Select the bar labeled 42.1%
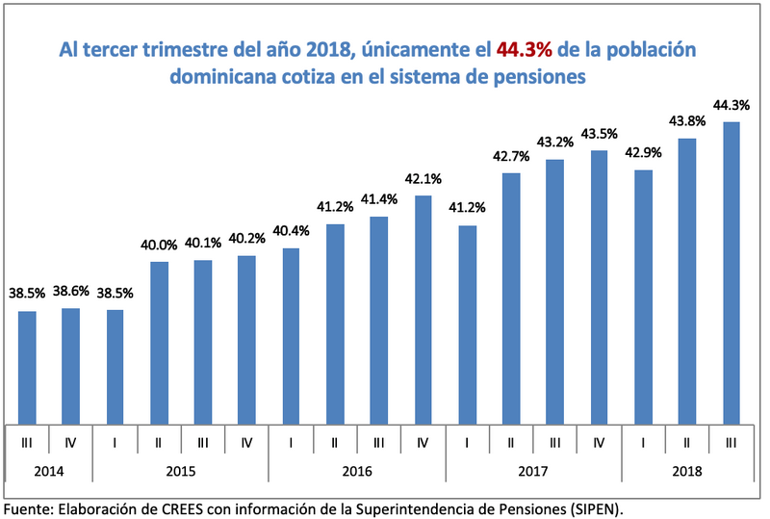[423, 308]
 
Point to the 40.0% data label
[159, 246]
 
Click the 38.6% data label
[71, 291]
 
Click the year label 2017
[532, 472]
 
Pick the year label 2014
[48, 472]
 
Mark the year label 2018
[686, 472]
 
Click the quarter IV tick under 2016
[423, 443]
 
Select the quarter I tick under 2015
[115, 443]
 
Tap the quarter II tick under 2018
[686, 443]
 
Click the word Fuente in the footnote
[29, 506]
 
